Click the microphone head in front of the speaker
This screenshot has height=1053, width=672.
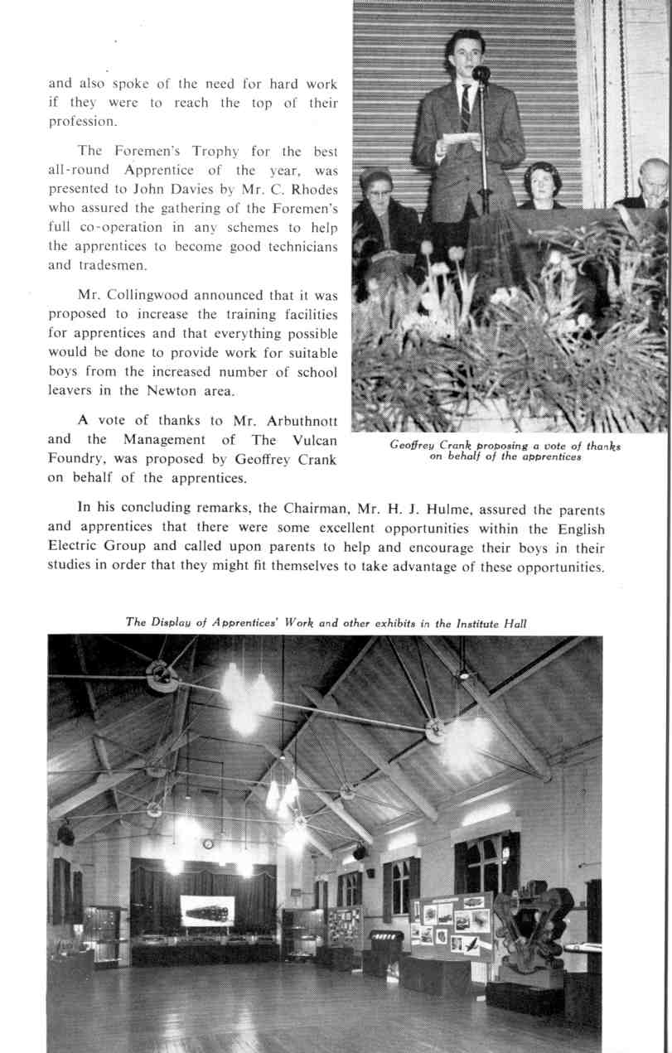(481, 73)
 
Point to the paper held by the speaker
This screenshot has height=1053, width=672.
(461, 137)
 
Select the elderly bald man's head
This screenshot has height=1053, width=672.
(654, 176)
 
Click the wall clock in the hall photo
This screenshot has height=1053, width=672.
(207, 843)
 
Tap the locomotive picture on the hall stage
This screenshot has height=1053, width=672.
(206, 910)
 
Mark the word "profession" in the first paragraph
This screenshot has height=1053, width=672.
(82, 121)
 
